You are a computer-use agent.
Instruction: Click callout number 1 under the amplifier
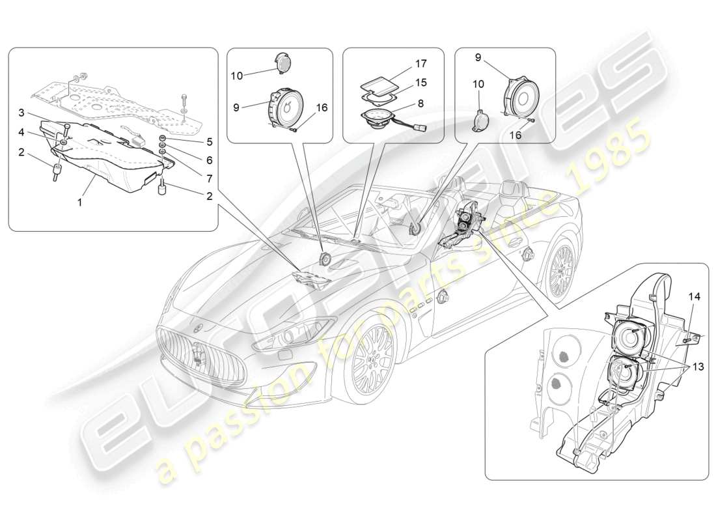pos(80,203)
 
